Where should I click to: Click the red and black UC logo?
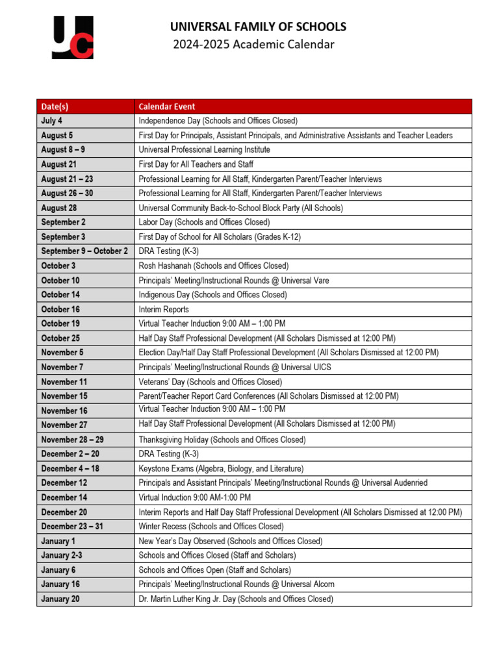[72, 38]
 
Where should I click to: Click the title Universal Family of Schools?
[258, 27]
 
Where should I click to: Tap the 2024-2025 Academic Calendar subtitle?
[253, 44]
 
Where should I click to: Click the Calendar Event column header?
[167, 107]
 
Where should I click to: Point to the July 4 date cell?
[52, 121]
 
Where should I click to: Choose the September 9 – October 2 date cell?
[84, 251]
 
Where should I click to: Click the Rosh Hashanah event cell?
[214, 266]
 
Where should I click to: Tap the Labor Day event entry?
[204, 222]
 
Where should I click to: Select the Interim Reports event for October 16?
[164, 309]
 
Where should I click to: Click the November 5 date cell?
[62, 353]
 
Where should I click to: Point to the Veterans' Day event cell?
[211, 382]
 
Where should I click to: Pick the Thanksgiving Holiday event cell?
[222, 440]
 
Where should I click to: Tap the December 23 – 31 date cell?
[72, 527]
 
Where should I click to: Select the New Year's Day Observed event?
[230, 541]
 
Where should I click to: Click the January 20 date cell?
[60, 599]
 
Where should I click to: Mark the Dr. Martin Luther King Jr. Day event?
[236, 599]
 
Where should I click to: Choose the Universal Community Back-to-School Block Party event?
[240, 208]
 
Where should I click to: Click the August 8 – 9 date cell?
[63, 149]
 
